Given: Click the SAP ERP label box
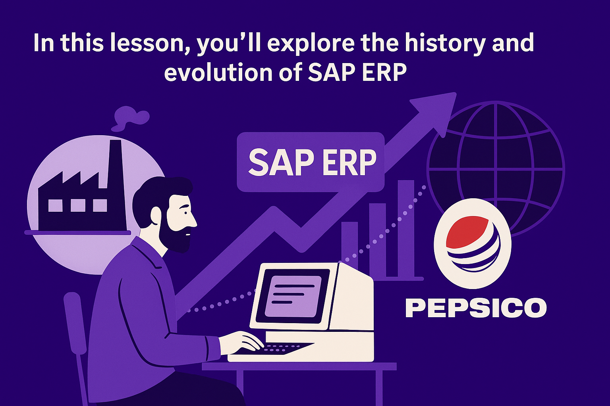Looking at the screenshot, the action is click(311, 162).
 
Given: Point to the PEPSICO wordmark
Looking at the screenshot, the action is click(476, 308).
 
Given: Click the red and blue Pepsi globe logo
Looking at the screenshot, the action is click(473, 243).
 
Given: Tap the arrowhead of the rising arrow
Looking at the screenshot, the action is click(436, 113).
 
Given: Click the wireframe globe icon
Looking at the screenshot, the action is click(496, 169).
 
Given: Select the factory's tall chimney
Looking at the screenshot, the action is click(116, 185).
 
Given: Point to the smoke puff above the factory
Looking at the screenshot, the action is click(131, 118).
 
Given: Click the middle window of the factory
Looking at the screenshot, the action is click(78, 205).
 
